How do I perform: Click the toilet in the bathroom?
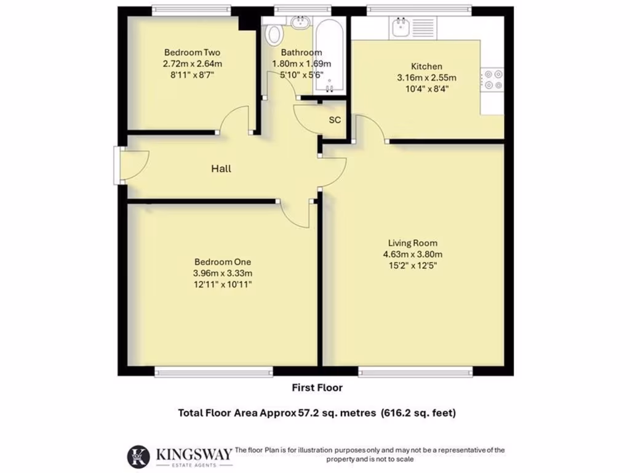coord(273,33)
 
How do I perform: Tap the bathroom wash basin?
coord(301,23)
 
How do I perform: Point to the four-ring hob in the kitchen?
coord(492,79)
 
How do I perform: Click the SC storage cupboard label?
coord(335,119)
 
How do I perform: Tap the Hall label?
coord(221,168)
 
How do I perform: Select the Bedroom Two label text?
coord(192,52)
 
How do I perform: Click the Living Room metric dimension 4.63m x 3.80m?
coord(413,254)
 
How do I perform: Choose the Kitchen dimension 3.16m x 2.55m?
coord(426,78)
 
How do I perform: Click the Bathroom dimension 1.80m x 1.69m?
coord(301,63)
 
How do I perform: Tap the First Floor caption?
coord(317,387)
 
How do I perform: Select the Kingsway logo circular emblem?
coord(138,456)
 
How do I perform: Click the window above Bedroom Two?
coord(191,10)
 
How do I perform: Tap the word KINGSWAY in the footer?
coord(194,454)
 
